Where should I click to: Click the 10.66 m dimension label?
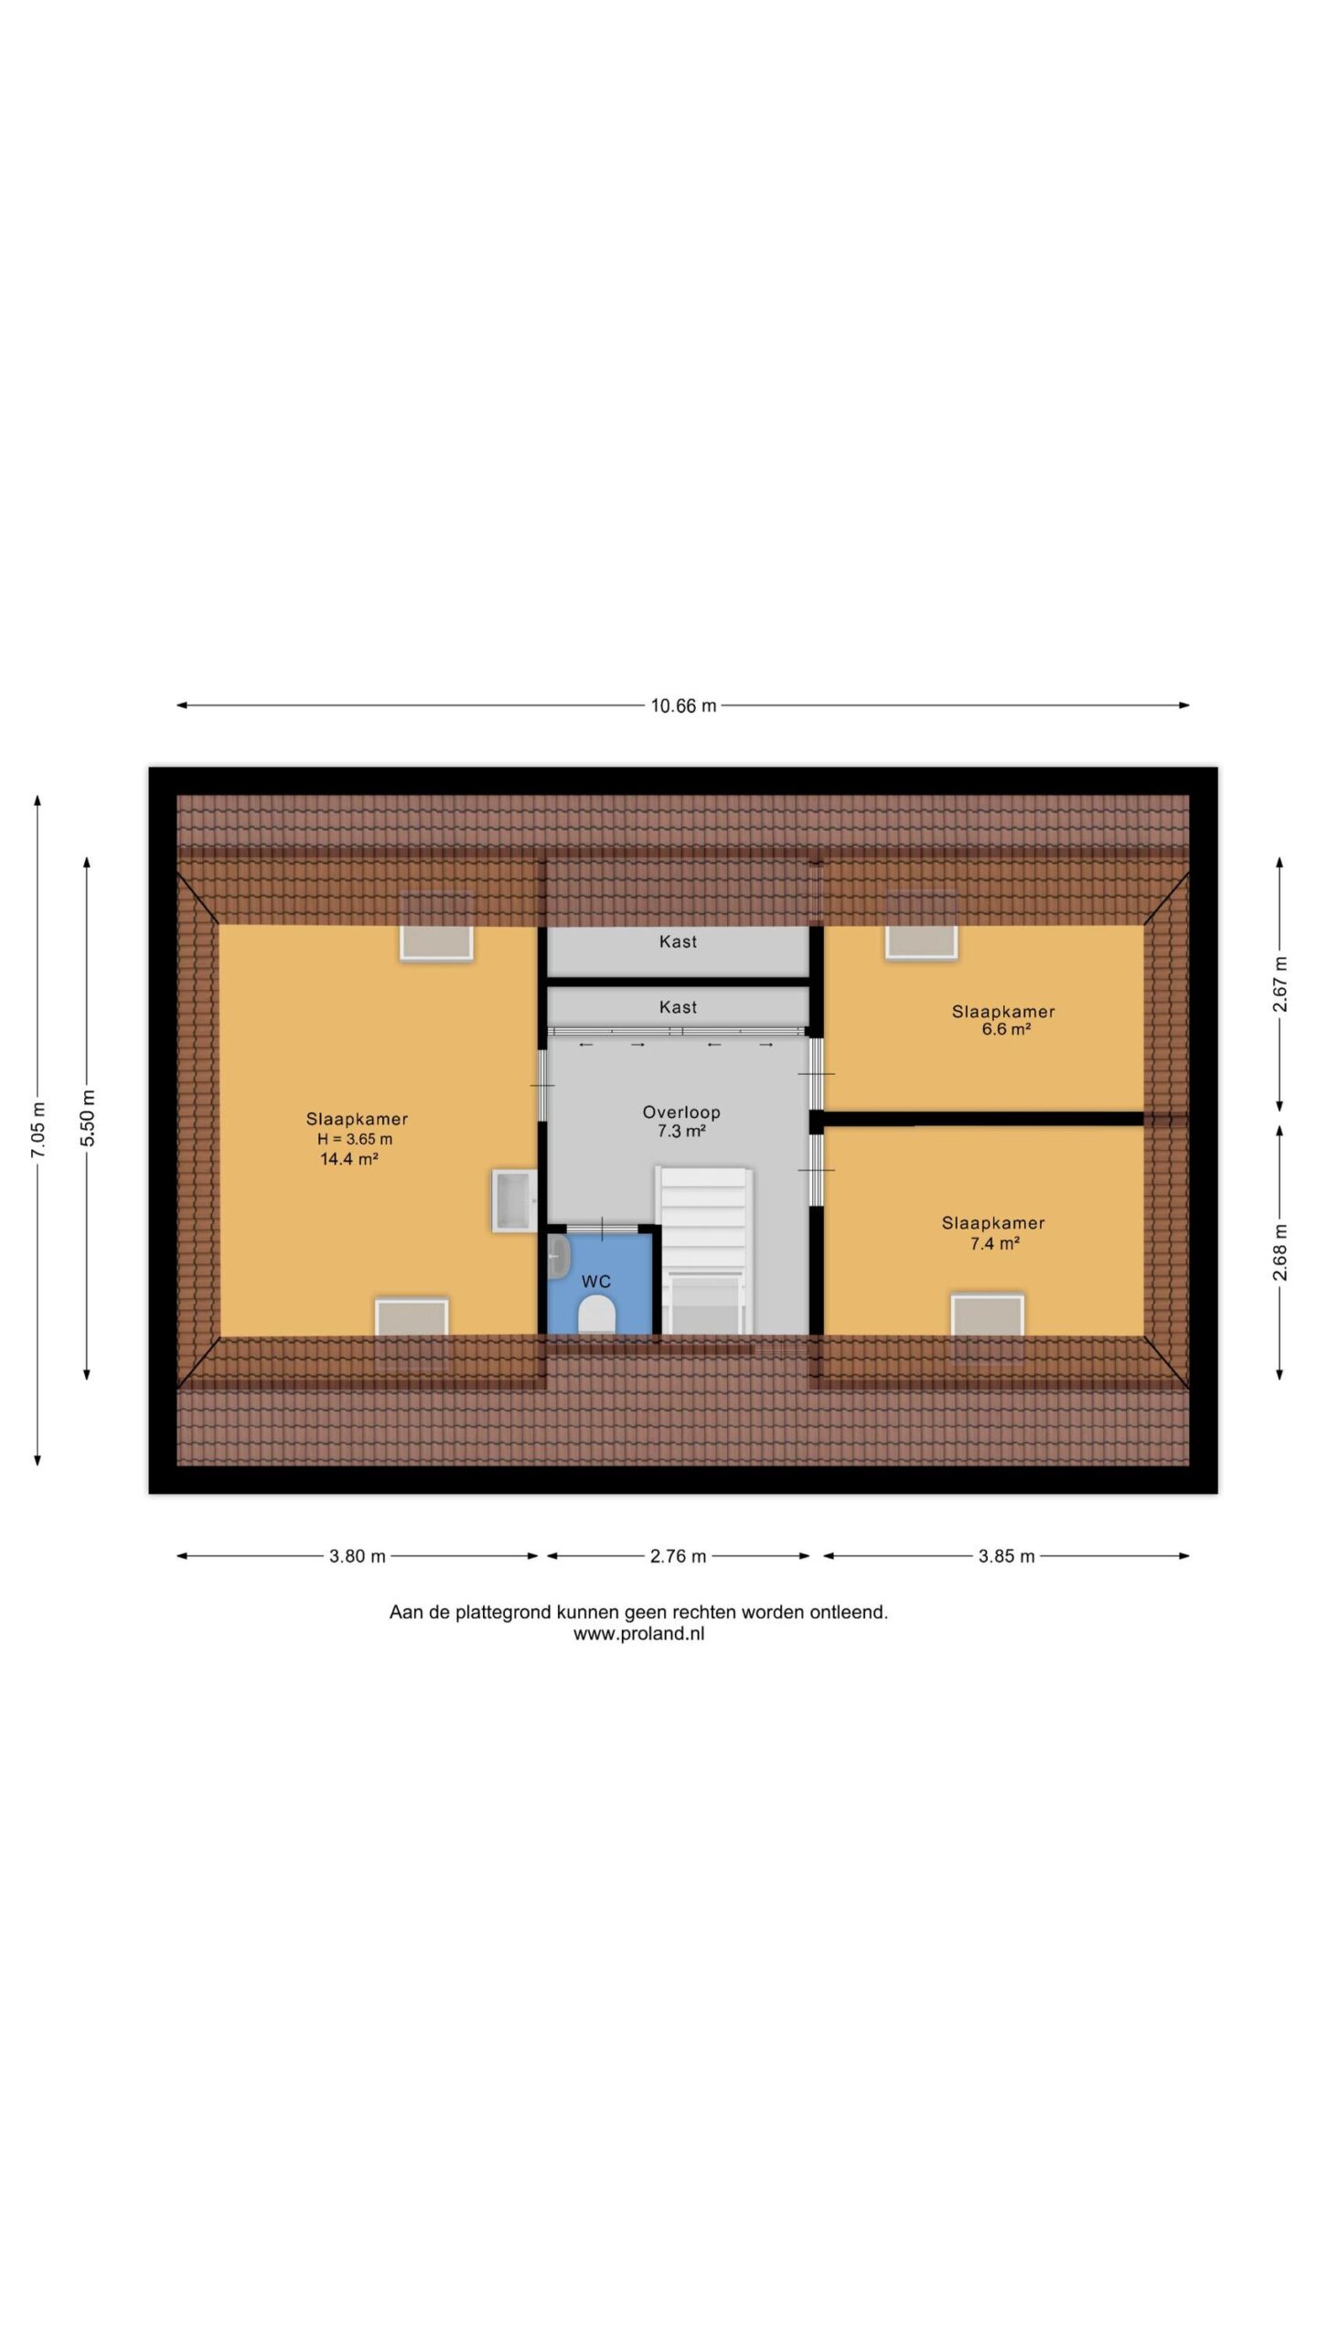pyautogui.click(x=683, y=705)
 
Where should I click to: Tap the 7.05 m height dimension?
pyautogui.click(x=38, y=1128)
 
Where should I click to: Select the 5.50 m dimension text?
pyautogui.click(x=87, y=1118)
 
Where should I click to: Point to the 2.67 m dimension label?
pyautogui.click(x=1280, y=983)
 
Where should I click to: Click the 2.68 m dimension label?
pyautogui.click(x=1280, y=1252)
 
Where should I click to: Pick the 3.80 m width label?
pyautogui.click(x=358, y=1556)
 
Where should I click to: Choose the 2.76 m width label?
pyautogui.click(x=679, y=1556)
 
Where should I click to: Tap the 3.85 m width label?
pyautogui.click(x=1007, y=1556)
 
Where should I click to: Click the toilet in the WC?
pyautogui.click(x=596, y=1315)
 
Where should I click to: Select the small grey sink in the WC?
pyautogui.click(x=558, y=1256)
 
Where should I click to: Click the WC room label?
pyautogui.click(x=596, y=1282)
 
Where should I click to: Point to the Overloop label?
pyautogui.click(x=681, y=1112)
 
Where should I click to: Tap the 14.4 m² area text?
pyautogui.click(x=349, y=1159)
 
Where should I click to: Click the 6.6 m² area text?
pyautogui.click(x=1006, y=1028)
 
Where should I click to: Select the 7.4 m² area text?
pyautogui.click(x=995, y=1243)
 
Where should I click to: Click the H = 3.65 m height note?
pyautogui.click(x=355, y=1139)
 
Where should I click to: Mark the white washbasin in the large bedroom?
pyautogui.click(x=515, y=1200)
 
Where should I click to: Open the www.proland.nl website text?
pyautogui.click(x=639, y=1634)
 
